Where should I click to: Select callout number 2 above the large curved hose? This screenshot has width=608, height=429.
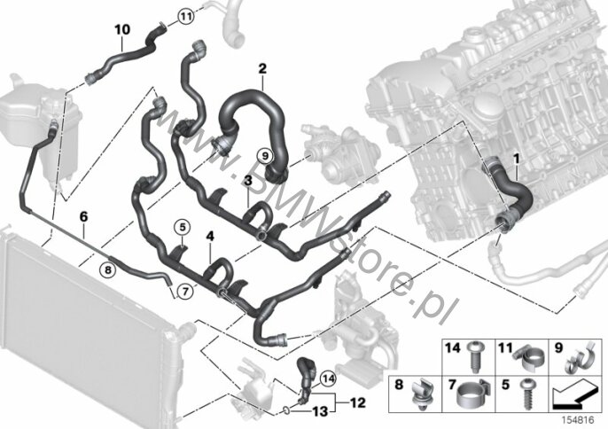pyautogui.click(x=262, y=68)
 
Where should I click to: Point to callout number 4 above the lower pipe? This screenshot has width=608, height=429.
pyautogui.click(x=210, y=237)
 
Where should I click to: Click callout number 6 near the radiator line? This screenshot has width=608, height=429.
pyautogui.click(x=84, y=215)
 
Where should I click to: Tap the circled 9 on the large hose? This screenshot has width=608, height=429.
pyautogui.click(x=264, y=153)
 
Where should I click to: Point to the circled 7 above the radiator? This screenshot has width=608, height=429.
pyautogui.click(x=183, y=290)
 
